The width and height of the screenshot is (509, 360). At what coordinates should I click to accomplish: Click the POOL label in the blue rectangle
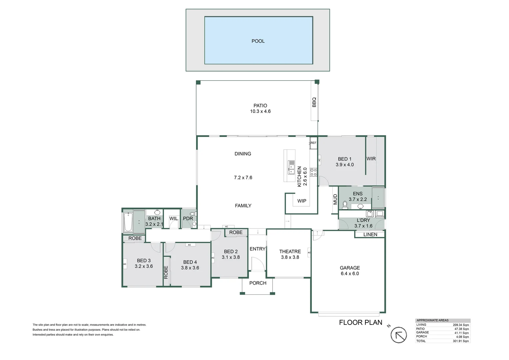(x=258, y=41)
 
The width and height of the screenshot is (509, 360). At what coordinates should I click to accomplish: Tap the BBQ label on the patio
(x=314, y=102)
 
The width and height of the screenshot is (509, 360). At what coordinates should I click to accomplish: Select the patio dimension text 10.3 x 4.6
(x=260, y=111)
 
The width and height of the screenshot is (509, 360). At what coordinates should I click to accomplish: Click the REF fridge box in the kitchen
(x=313, y=143)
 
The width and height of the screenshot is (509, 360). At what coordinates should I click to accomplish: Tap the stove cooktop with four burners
(x=313, y=172)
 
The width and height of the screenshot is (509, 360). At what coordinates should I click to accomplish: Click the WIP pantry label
(x=302, y=201)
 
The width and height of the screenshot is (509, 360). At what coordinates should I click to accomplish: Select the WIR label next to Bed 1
(x=371, y=159)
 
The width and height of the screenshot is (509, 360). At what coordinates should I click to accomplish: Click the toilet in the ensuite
(x=345, y=204)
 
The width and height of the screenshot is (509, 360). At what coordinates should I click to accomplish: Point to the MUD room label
(x=335, y=199)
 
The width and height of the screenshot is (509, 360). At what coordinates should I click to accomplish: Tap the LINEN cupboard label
(x=370, y=234)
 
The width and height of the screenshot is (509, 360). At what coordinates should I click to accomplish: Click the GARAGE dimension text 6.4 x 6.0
(x=349, y=273)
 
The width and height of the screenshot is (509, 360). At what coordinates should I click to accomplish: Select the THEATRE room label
(x=290, y=251)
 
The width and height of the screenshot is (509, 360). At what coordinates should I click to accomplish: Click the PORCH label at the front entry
(x=258, y=283)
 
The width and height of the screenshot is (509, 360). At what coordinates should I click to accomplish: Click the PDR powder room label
(x=188, y=218)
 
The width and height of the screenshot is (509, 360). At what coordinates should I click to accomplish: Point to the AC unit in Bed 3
(x=125, y=264)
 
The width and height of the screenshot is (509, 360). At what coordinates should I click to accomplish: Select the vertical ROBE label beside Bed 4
(x=166, y=272)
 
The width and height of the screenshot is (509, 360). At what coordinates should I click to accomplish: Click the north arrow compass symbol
(x=398, y=335)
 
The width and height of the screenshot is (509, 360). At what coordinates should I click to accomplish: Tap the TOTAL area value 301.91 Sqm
(x=461, y=341)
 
